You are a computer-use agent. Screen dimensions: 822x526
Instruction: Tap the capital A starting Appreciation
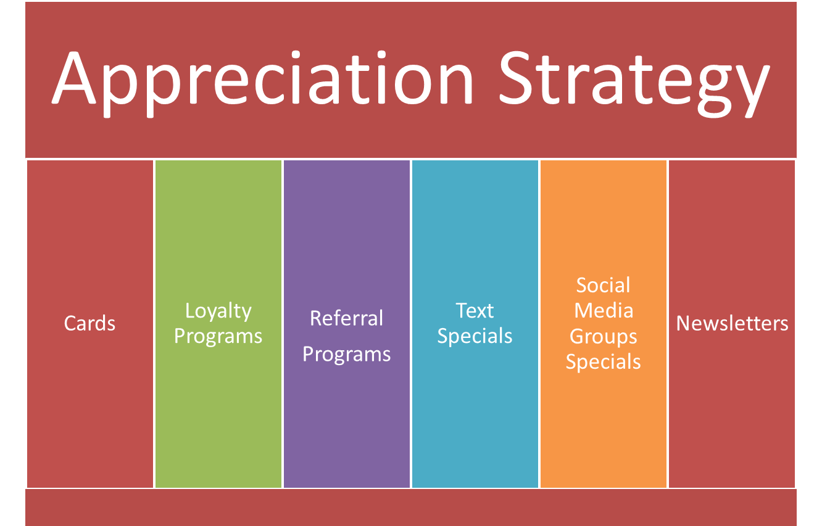[x=73, y=78]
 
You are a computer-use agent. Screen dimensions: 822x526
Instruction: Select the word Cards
[x=89, y=323]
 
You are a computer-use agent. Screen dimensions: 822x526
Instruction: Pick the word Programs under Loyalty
[x=218, y=337]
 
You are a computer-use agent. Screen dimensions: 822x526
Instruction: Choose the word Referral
[x=346, y=318]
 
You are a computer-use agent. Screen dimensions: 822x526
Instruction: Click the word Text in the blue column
[x=475, y=311]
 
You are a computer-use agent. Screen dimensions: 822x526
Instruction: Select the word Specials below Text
[x=475, y=337]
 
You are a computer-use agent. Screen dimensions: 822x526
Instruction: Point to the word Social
[x=603, y=285]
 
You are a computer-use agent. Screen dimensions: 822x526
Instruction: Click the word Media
[x=604, y=311]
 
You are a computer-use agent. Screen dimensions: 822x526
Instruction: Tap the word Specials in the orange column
[x=603, y=363]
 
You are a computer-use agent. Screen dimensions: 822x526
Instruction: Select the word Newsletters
[x=732, y=323]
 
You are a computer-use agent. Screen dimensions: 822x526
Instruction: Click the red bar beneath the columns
[x=411, y=508]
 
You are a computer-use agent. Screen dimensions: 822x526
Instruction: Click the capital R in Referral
[x=317, y=318]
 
